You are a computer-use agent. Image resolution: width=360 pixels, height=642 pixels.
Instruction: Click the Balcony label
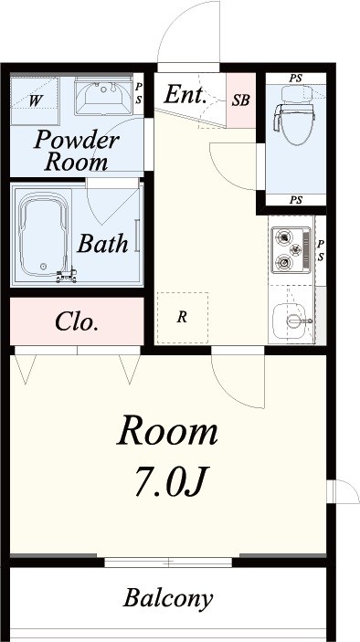[168, 598]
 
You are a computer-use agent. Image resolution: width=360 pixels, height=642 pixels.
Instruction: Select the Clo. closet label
[77, 321]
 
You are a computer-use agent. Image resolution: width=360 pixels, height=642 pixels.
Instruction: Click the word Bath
[102, 244]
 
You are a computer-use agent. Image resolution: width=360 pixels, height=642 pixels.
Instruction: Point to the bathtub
[43, 236]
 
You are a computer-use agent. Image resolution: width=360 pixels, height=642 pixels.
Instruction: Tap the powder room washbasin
[103, 96]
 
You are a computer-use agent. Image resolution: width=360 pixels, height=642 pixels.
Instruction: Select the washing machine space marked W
[35, 100]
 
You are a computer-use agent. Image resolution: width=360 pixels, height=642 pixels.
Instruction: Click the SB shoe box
[241, 100]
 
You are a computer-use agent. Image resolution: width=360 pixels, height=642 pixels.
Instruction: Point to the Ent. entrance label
[185, 95]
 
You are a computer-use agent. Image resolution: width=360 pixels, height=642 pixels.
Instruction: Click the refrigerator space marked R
[183, 318]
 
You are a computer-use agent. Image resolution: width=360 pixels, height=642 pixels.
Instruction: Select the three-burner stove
[291, 249]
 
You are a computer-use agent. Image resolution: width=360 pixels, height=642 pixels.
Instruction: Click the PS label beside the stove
[321, 250]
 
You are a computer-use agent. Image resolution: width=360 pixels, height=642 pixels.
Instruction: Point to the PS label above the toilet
[296, 79]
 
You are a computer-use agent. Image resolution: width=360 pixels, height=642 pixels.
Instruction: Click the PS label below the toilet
[296, 200]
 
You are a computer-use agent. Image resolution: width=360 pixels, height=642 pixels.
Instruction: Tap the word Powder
[77, 141]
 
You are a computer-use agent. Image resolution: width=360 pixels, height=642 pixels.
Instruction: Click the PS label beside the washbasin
[139, 93]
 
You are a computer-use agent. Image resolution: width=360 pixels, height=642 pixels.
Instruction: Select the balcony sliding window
[168, 562]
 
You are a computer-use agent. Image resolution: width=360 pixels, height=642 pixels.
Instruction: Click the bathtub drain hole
[44, 266]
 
